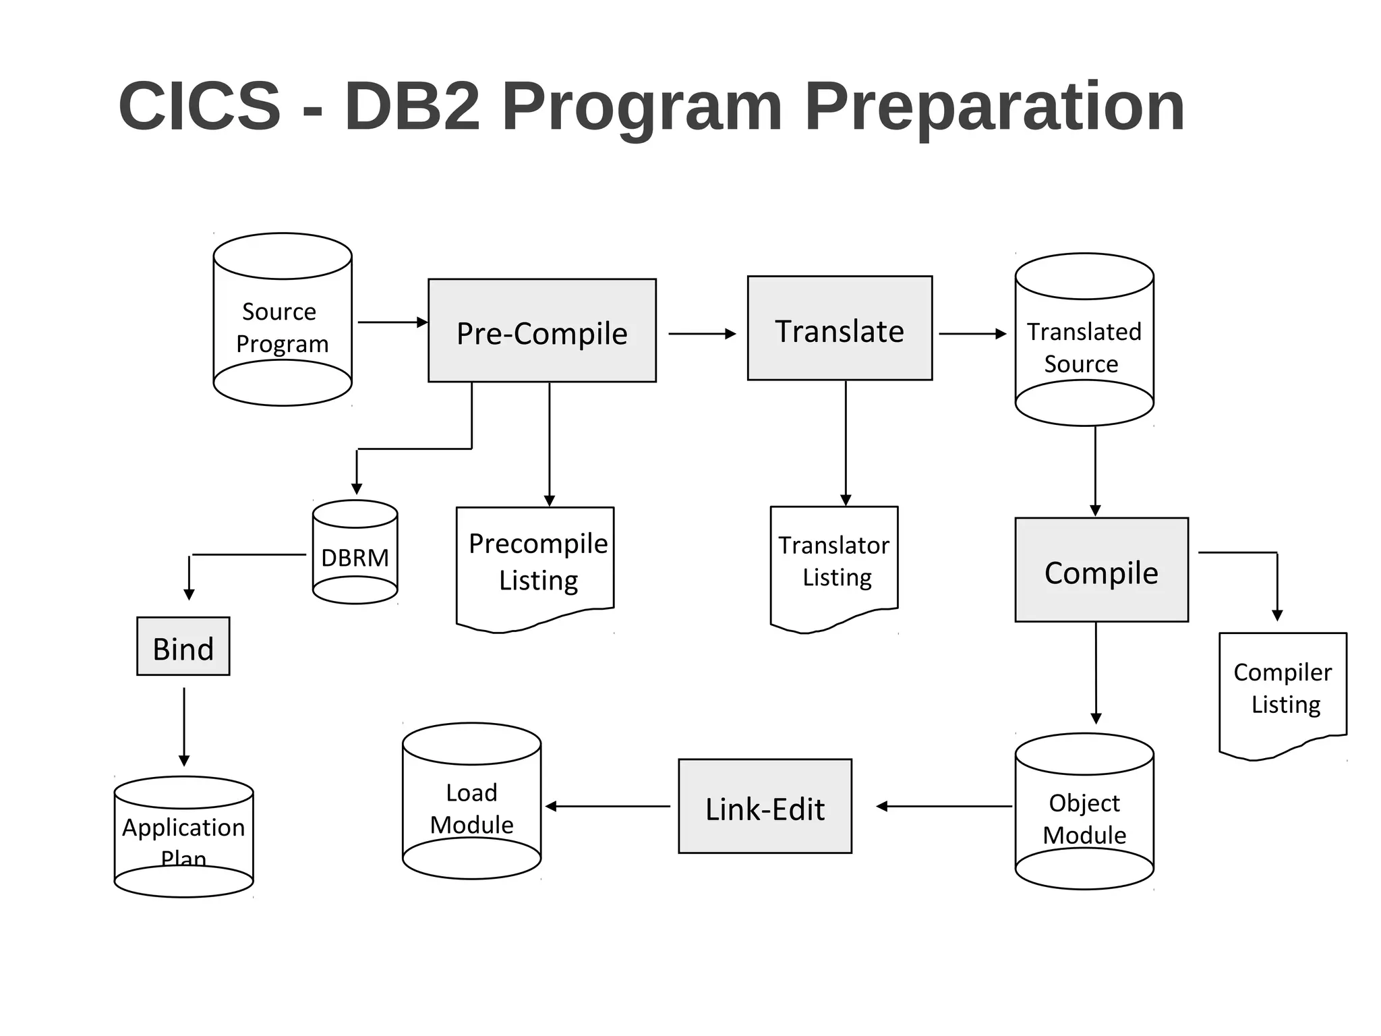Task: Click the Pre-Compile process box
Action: (541, 330)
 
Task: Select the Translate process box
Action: (840, 328)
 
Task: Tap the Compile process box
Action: (1101, 570)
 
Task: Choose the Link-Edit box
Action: (765, 806)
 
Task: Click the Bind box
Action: (183, 646)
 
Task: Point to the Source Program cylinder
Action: (283, 320)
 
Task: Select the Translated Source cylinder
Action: (1084, 340)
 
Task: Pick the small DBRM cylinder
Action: (355, 552)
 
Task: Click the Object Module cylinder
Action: (1084, 812)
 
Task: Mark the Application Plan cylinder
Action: (183, 837)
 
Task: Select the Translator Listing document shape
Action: (834, 564)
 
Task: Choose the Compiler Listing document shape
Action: (1283, 691)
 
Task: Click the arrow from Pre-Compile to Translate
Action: (701, 334)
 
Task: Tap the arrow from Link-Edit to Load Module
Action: (607, 806)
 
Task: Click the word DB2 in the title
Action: (412, 106)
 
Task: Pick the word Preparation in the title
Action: (994, 106)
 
